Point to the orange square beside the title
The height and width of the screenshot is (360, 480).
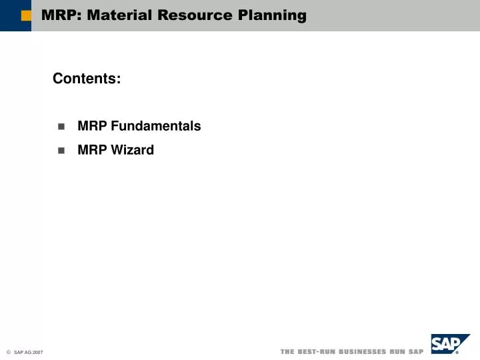tap(26, 16)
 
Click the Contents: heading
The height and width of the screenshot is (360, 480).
tap(87, 79)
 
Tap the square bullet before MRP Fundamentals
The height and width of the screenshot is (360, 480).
tap(61, 127)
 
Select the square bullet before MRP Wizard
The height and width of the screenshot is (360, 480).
tap(61, 151)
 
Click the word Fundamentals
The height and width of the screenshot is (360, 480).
tap(155, 126)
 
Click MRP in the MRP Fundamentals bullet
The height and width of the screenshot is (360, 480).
tap(92, 126)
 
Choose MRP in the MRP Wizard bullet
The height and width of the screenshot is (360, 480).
tap(92, 150)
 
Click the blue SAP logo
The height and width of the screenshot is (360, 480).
tap(449, 345)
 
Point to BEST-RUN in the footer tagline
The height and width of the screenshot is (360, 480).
tap(317, 351)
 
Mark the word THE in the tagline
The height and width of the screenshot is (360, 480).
tap(288, 351)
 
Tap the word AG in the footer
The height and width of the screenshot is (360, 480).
tap(27, 352)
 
